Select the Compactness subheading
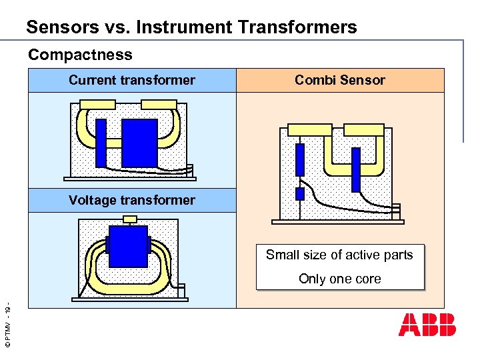[x=80, y=55]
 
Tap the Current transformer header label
[x=132, y=81]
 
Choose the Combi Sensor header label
[x=340, y=81]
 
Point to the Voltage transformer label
[x=132, y=200]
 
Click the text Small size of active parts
[x=339, y=255]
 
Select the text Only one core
[x=340, y=279]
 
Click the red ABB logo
[x=427, y=324]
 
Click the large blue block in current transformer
[x=139, y=143]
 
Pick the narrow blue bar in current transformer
[x=101, y=143]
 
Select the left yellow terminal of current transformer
[x=97, y=105]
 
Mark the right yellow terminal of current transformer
[x=159, y=105]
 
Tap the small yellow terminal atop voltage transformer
[x=131, y=219]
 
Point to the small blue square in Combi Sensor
[x=300, y=194]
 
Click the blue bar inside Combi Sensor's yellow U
[x=356, y=169]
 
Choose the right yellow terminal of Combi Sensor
[x=363, y=129]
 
